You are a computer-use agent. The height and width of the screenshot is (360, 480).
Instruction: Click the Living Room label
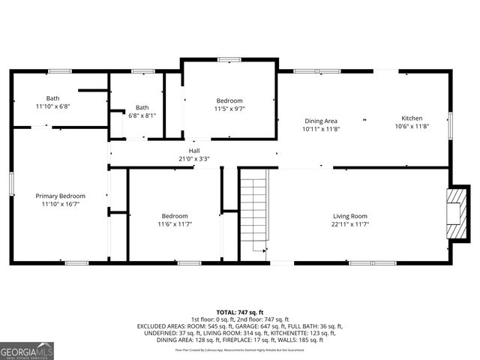pyautogui.click(x=350, y=216)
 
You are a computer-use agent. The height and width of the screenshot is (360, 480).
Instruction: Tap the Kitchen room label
pyautogui.click(x=412, y=118)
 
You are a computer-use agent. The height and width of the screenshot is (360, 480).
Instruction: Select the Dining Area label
pyautogui.click(x=321, y=121)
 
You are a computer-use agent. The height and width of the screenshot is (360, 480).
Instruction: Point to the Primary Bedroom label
pyautogui.click(x=61, y=196)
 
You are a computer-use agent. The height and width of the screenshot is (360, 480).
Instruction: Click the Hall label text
pyautogui.click(x=194, y=150)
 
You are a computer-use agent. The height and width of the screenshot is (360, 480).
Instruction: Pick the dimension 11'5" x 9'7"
pyautogui.click(x=230, y=109)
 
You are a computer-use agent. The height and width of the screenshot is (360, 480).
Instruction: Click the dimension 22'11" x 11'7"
pyautogui.click(x=350, y=224)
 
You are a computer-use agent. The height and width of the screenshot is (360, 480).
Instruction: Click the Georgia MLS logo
pyautogui.click(x=27, y=349)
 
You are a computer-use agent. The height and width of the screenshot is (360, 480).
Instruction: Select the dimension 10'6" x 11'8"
pyautogui.click(x=412, y=127)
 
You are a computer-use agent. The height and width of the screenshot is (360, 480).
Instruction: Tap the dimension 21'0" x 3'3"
pyautogui.click(x=194, y=158)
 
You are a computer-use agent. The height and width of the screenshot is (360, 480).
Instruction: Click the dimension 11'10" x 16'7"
pyautogui.click(x=61, y=204)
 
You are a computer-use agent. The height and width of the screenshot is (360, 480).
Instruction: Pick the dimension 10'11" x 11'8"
pyautogui.click(x=321, y=129)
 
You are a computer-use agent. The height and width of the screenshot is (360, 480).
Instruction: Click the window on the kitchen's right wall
pyautogui.click(x=450, y=124)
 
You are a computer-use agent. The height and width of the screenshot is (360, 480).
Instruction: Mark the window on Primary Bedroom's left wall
pyautogui.click(x=11, y=184)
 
